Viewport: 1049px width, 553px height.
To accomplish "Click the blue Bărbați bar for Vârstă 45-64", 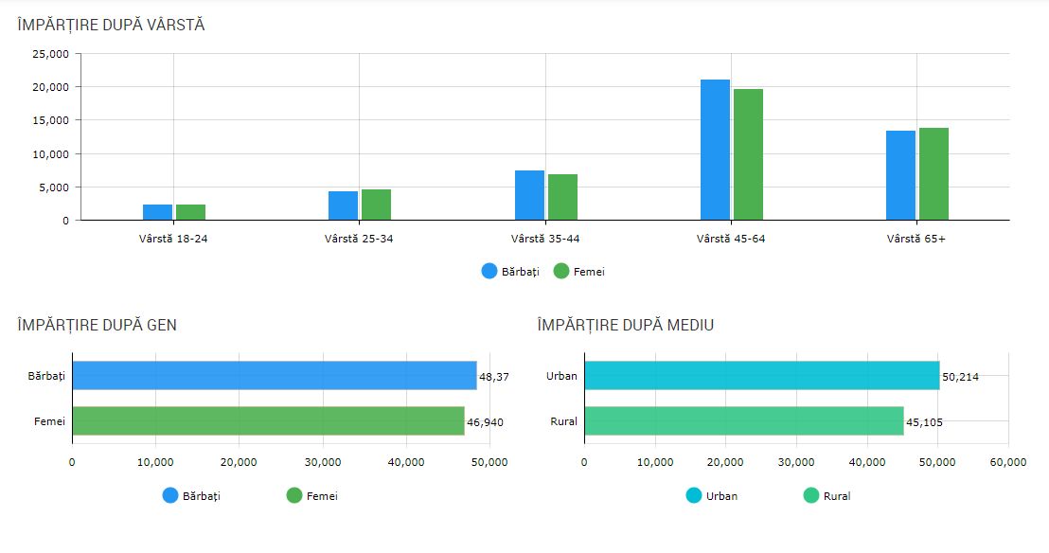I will click(715, 150).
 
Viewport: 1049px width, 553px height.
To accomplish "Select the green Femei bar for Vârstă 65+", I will click(933, 174).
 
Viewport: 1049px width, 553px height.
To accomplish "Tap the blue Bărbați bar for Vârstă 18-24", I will click(157, 212).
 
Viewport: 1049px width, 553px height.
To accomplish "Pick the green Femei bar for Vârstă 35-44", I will click(562, 197).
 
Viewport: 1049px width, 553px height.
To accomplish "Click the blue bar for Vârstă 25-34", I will click(343, 205).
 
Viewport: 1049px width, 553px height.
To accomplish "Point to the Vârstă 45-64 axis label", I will click(730, 239).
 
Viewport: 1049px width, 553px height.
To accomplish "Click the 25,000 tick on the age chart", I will click(51, 54).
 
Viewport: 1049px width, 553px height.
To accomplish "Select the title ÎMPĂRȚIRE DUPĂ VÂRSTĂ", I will click(111, 26).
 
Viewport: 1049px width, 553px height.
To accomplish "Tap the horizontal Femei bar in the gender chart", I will click(268, 420).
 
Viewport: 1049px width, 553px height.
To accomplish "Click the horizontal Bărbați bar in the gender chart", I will click(275, 376).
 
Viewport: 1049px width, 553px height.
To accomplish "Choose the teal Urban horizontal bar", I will click(761, 376).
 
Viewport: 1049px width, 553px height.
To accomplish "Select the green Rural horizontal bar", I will click(743, 420).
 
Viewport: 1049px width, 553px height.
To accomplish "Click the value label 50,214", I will click(960, 377).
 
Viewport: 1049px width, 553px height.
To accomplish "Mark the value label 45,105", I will click(925, 422).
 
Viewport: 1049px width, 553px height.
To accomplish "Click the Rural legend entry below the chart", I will click(827, 495).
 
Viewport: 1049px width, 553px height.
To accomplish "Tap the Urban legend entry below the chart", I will click(711, 495).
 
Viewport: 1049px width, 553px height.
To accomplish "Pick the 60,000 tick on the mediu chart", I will click(1007, 462).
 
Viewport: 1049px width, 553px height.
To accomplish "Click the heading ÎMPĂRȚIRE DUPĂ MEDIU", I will click(625, 325).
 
